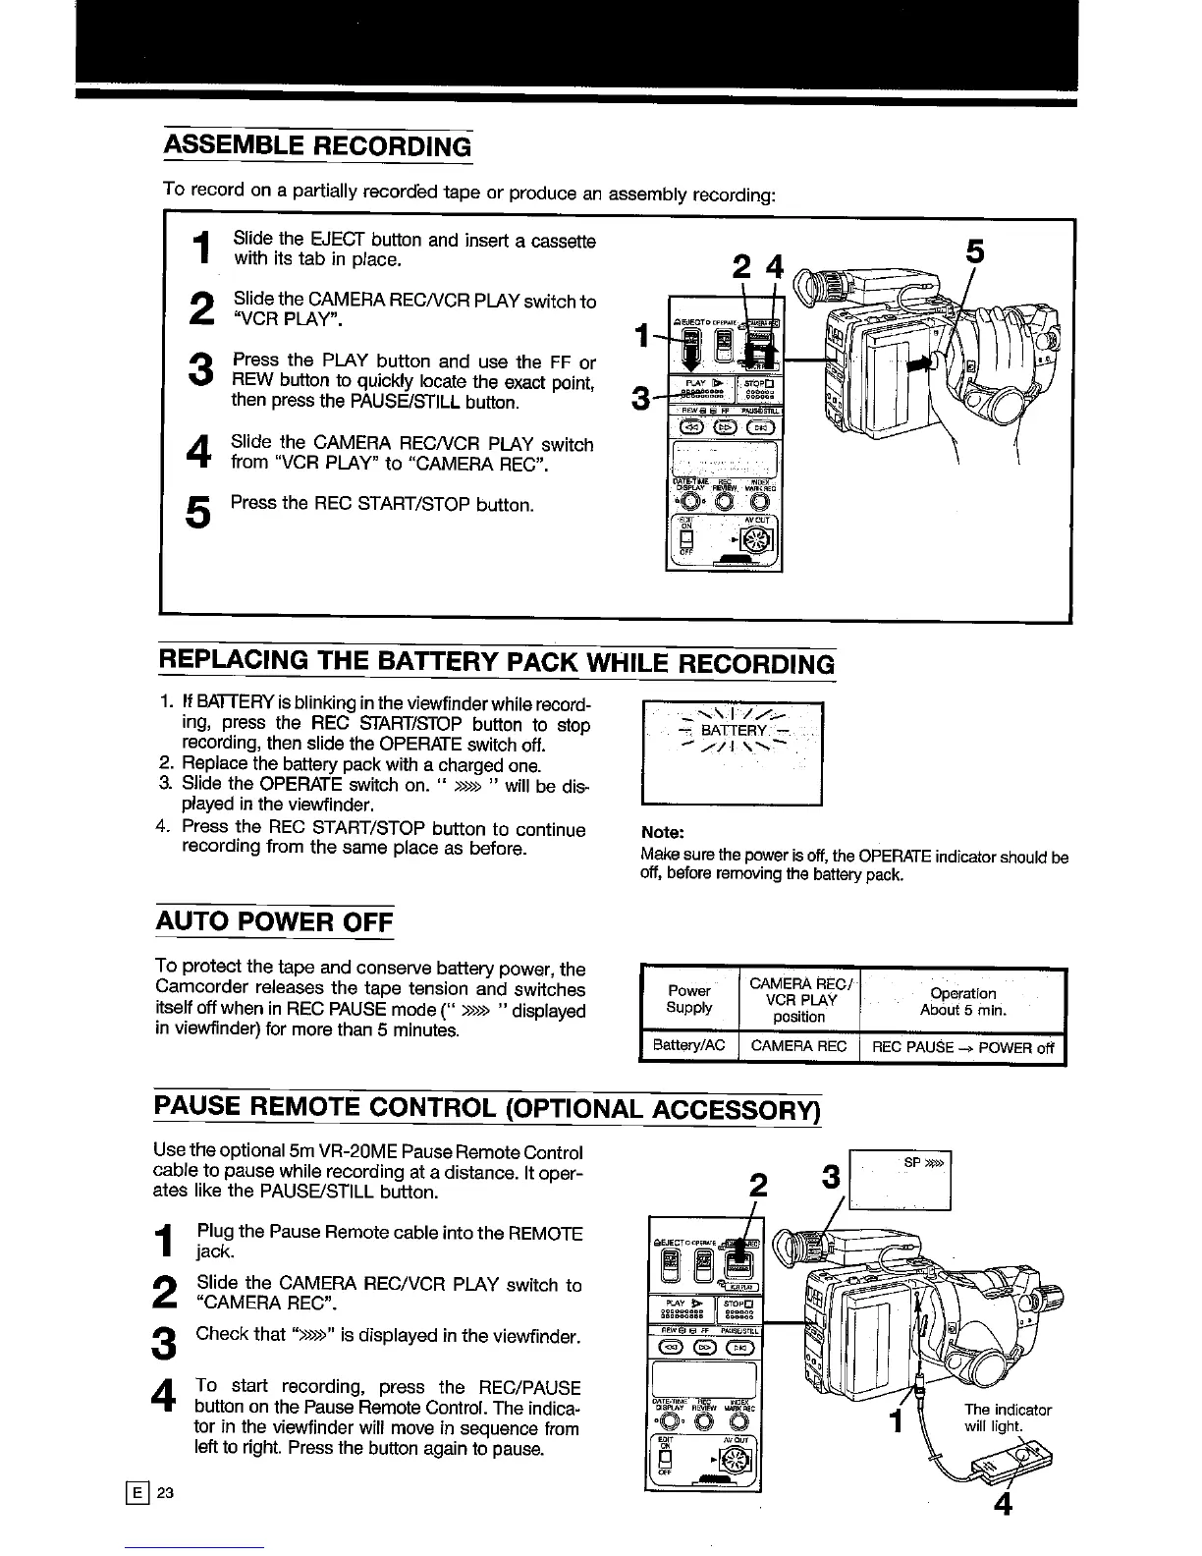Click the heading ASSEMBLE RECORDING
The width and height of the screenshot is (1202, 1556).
[317, 146]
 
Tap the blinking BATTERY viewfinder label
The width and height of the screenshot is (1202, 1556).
[732, 730]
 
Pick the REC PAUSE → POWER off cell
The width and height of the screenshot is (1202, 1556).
[961, 1047]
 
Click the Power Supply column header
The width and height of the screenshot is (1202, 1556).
[688, 999]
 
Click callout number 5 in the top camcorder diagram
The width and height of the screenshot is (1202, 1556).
[974, 252]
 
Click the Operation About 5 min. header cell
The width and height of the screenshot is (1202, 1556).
[962, 1001]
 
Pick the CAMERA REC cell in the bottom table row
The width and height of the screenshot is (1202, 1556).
[798, 1047]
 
